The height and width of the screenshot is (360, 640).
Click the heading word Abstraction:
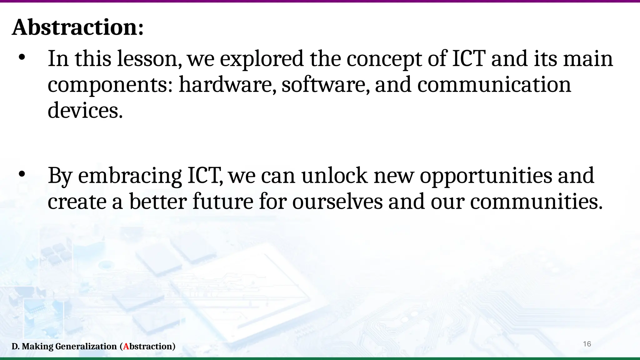(x=77, y=27)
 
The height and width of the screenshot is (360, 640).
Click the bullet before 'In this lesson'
(x=22, y=57)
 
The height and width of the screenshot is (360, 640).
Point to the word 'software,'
(x=325, y=85)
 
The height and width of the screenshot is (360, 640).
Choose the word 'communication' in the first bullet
(x=494, y=85)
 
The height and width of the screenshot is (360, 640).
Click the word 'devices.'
(x=85, y=111)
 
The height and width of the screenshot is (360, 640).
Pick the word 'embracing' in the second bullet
(x=130, y=176)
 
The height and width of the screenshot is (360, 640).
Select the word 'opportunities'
(x=486, y=176)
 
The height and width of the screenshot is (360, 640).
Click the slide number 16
(x=587, y=344)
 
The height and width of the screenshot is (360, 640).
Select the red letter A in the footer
(x=126, y=347)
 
